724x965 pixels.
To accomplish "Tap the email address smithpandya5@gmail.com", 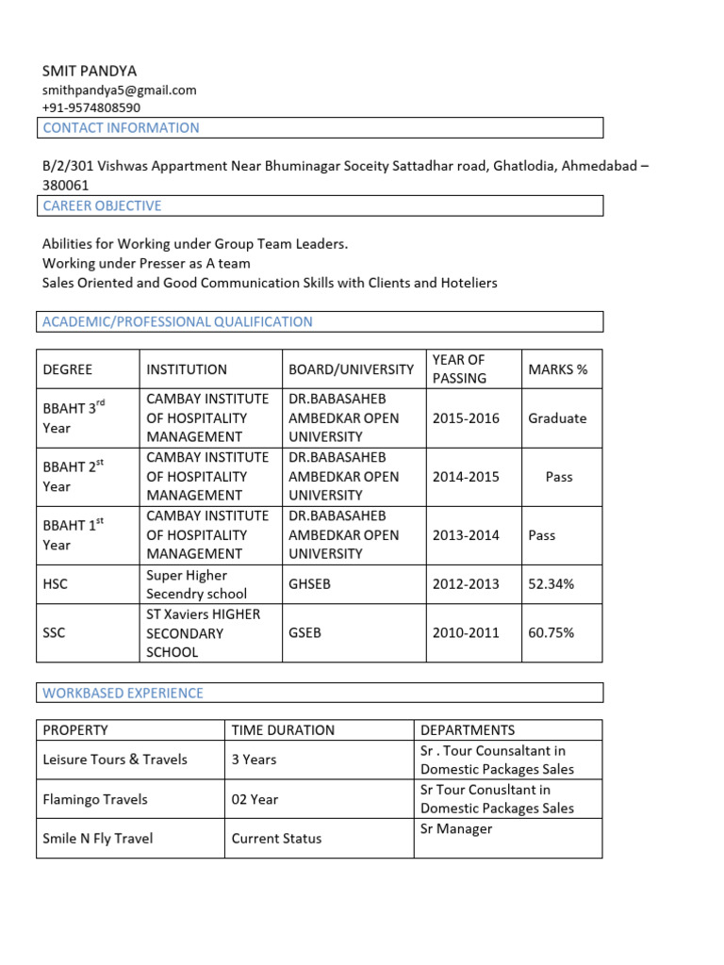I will point(120,90).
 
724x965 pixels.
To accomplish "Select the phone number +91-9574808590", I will point(91,107).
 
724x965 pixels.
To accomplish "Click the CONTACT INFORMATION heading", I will point(121,128).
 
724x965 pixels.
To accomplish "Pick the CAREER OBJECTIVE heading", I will point(102,205).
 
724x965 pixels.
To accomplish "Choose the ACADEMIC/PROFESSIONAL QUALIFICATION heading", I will point(177,321).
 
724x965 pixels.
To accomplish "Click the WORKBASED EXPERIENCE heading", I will point(123,693).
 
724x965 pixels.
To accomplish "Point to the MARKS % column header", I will point(557,369).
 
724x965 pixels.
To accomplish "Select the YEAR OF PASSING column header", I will point(459,368).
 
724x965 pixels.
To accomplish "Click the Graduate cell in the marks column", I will point(557,418).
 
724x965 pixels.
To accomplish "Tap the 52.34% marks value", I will point(551,584).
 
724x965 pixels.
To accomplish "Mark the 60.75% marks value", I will point(551,633).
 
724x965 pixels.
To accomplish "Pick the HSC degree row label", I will point(56,584).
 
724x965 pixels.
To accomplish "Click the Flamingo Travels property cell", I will point(95,799).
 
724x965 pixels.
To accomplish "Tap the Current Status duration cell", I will point(276,839).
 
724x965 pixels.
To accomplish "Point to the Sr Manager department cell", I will point(456,829).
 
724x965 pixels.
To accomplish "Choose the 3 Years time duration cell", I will point(255,760).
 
